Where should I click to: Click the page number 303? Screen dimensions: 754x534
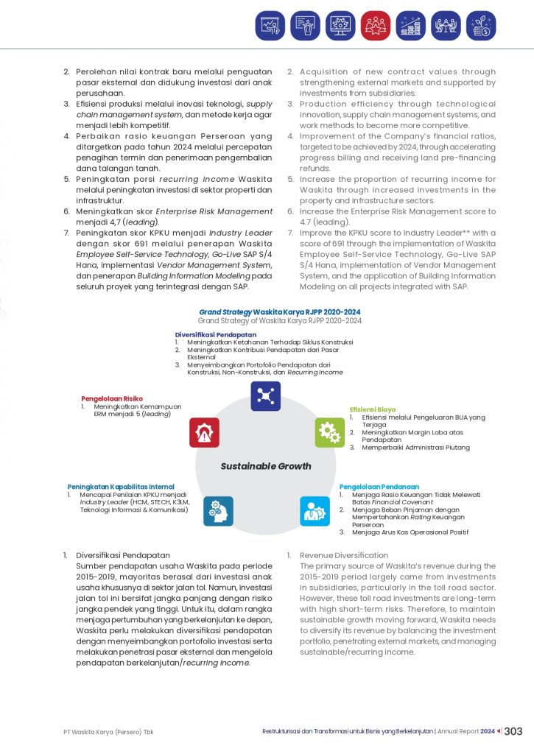tap(513, 731)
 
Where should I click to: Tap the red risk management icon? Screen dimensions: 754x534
tap(204, 432)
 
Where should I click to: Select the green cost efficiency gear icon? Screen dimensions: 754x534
tap(329, 432)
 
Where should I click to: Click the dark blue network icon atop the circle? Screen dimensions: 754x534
tap(265, 396)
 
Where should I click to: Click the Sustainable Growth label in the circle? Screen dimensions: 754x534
tap(266, 466)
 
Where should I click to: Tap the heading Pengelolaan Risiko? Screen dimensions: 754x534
tap(112, 398)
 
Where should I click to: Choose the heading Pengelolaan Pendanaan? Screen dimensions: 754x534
tap(379, 487)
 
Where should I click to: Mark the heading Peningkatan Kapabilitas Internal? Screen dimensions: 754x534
tap(121, 487)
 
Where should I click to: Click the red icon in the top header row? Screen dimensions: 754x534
tap(376, 25)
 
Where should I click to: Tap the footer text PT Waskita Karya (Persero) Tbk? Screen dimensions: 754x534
tap(108, 732)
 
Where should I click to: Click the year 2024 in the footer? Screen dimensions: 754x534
tap(488, 732)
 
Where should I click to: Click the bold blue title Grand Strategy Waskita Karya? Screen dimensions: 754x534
tap(280, 312)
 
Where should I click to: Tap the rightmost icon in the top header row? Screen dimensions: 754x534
tap(481, 25)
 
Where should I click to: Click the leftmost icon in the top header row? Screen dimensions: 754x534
tap(270, 25)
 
